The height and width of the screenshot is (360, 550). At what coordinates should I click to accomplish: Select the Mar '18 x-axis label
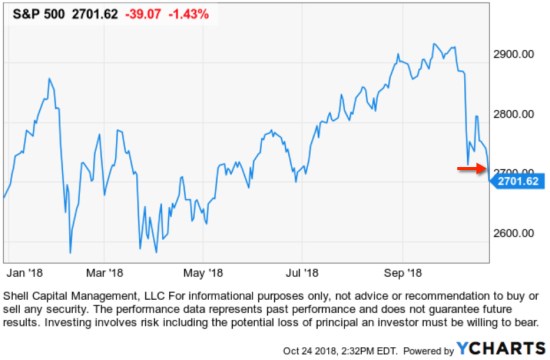[103, 271]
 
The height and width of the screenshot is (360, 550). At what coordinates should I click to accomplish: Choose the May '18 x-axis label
[202, 271]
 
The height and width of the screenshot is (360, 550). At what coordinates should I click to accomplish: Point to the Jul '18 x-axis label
[301, 271]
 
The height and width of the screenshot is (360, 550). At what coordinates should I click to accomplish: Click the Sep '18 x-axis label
[401, 271]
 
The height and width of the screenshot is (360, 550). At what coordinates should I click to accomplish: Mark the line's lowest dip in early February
[70, 253]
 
